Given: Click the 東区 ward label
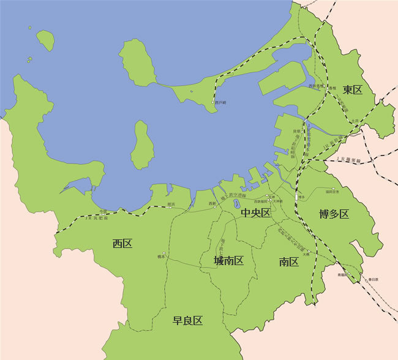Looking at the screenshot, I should coord(353,90).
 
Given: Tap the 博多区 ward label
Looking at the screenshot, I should coord(334,214).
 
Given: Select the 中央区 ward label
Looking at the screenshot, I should coord(255,213).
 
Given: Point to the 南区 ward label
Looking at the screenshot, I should coord(288,262).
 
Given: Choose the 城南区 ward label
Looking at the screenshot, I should coord(228,261).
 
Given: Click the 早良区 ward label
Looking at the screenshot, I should coord(187,320).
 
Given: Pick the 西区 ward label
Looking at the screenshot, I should coord(122,244).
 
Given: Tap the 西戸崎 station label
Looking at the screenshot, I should coord(220,102).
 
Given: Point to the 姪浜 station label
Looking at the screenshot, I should coord(171,203).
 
